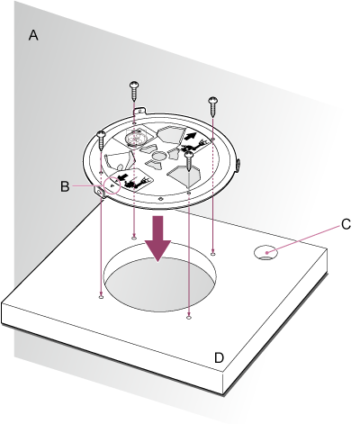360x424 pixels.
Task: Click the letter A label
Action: pyautogui.click(x=33, y=35)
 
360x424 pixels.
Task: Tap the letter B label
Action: pyautogui.click(x=65, y=186)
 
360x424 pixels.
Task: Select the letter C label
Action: pyautogui.click(x=346, y=224)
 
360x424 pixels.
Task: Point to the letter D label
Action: pyautogui.click(x=219, y=357)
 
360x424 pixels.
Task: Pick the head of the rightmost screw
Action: pyautogui.click(x=213, y=100)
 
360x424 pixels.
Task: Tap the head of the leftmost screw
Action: pyautogui.click(x=101, y=134)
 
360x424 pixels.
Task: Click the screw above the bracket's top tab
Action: pyautogui.click(x=134, y=91)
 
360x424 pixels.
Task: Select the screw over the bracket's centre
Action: pyautogui.click(x=189, y=161)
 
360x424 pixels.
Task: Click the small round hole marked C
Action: pyautogui.click(x=265, y=252)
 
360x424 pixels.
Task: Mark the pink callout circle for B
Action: pyautogui.click(x=112, y=185)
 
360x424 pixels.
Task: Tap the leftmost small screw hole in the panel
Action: pyautogui.click(x=101, y=297)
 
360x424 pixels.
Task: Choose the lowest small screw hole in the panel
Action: pyautogui.click(x=189, y=317)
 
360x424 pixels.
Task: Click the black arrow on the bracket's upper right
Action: pyautogui.click(x=191, y=136)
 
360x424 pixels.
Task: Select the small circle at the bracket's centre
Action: pyautogui.click(x=158, y=156)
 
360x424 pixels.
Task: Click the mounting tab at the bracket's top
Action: pyautogui.click(x=140, y=111)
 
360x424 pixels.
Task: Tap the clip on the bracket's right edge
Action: pyautogui.click(x=238, y=165)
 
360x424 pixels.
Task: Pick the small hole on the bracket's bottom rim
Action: pyautogui.click(x=161, y=198)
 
